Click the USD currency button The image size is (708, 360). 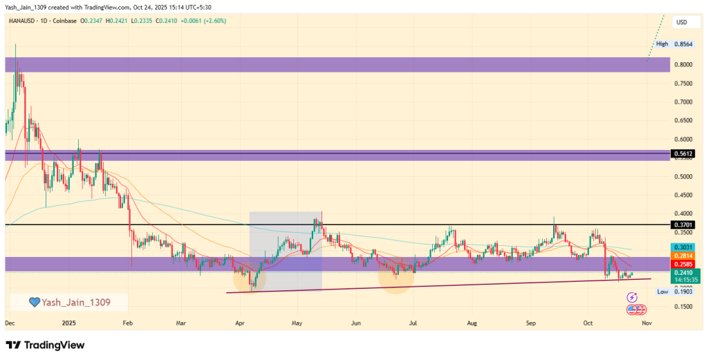click(x=682, y=22)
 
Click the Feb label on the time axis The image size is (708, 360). click(x=127, y=323)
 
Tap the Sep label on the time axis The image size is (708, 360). click(x=531, y=323)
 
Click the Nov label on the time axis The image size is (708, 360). click(x=646, y=323)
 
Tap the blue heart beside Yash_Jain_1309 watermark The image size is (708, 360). click(x=33, y=302)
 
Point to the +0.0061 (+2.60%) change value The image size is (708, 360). click(x=206, y=21)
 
